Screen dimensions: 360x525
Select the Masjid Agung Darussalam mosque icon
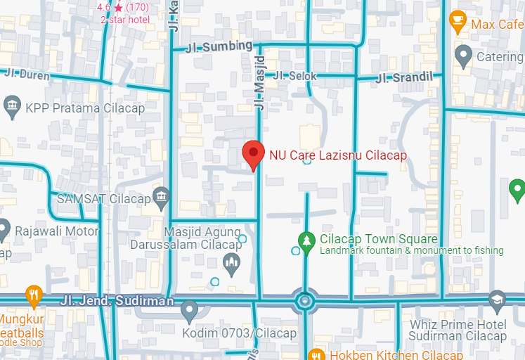pos(231,264)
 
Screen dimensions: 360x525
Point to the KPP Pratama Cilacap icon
pos(12,108)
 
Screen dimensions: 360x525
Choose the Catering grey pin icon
pos(462,54)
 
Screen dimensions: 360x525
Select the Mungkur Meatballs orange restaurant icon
pos(33,294)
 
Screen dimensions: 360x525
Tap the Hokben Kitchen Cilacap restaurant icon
pos(316,355)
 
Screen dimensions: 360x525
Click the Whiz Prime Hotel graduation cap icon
pos(497,300)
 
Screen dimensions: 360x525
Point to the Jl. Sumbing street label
pos(218,47)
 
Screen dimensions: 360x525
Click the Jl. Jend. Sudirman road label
pos(117,301)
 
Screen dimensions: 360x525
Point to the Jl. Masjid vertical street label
pos(259,82)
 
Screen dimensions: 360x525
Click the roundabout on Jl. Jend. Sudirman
pos(304,302)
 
